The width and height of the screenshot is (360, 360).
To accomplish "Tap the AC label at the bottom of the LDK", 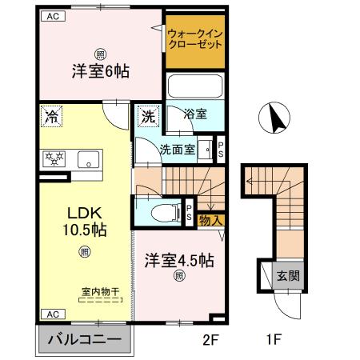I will point(50,314).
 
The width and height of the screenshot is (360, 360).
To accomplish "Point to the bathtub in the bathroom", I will point(192,88).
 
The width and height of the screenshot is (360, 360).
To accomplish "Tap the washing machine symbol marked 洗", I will point(149,115).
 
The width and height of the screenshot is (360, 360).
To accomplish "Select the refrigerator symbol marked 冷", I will point(50,115).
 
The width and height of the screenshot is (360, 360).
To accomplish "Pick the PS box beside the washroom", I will point(221,149).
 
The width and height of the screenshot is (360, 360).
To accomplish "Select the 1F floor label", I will point(274,339).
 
